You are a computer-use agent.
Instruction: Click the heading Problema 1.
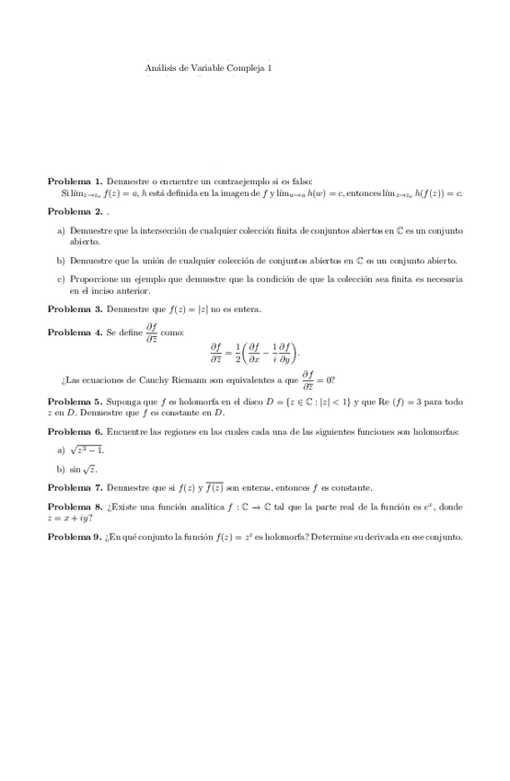point(75,181)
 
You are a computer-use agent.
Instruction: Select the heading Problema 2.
point(75,211)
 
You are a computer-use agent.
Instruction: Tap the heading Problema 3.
point(75,309)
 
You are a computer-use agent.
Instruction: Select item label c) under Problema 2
point(61,279)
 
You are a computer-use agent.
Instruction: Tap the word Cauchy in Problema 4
point(143,379)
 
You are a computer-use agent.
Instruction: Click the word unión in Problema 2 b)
point(159,260)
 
